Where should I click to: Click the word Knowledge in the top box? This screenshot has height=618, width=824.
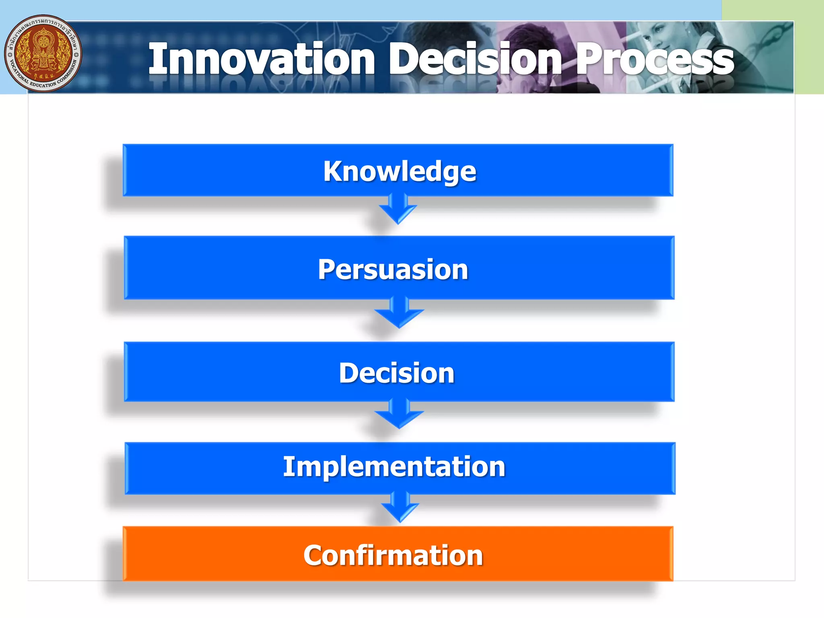pos(400,171)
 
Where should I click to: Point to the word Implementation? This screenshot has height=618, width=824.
pos(394,467)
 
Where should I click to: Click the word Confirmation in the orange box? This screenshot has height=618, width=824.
pos(393,555)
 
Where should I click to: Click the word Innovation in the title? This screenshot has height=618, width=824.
pos(262,60)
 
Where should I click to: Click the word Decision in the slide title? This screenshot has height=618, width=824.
pos(475,60)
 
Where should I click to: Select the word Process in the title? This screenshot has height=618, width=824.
pos(655,60)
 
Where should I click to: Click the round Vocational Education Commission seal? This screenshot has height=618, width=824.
pos(43,54)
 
